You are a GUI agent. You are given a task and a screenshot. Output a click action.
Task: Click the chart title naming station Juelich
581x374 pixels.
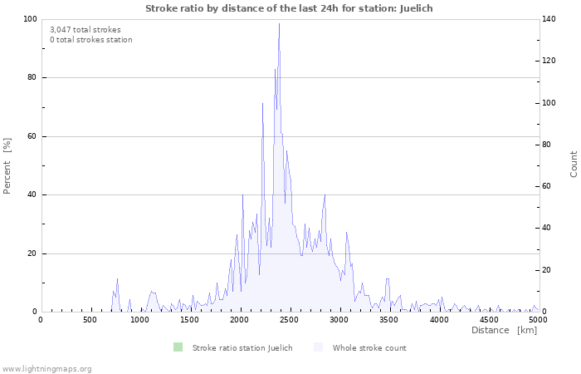pos(289,8)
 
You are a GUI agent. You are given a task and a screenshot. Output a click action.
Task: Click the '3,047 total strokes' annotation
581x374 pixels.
pos(85,30)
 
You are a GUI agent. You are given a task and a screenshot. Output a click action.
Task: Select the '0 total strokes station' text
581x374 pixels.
pos(90,40)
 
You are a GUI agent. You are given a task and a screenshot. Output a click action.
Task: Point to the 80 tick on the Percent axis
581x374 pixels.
pos(30,78)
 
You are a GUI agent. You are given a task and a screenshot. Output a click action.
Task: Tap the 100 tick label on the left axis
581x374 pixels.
pos(27,19)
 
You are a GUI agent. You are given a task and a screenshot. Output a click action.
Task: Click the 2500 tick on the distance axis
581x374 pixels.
pos(339,320)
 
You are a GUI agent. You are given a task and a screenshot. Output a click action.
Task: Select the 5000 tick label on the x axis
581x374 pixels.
pos(538,320)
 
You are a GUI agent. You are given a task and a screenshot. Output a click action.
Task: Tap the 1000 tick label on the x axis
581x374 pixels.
pos(139,320)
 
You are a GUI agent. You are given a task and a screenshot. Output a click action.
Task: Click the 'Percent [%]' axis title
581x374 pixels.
pos(7,165)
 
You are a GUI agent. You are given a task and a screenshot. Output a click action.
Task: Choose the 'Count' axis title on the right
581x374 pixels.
pos(574,164)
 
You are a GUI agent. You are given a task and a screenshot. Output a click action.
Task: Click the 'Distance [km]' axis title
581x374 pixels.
pos(504,331)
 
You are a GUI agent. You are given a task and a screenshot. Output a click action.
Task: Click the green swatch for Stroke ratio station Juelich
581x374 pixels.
pos(178,347)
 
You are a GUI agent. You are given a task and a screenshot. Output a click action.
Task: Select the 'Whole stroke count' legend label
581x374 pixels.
pos(369,348)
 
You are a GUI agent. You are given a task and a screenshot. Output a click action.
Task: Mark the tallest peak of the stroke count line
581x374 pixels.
pos(279,23)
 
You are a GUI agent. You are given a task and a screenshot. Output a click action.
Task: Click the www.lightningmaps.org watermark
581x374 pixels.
pos(46,368)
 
